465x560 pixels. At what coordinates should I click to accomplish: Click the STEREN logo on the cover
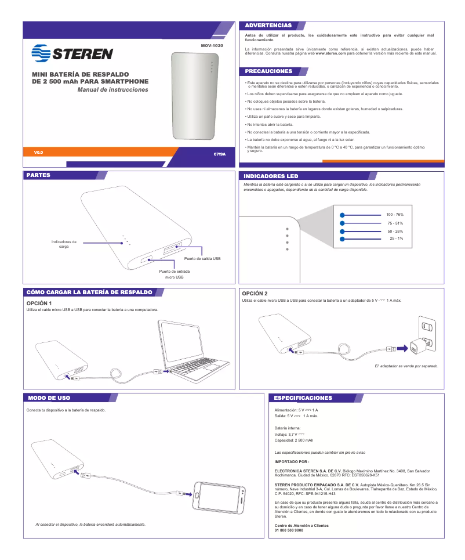(72, 55)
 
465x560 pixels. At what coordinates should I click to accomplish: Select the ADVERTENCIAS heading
(268, 26)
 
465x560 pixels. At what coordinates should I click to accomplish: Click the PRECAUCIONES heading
(268, 71)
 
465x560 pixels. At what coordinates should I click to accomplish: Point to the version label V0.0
(39, 153)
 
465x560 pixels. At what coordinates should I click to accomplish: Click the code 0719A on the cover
(219, 155)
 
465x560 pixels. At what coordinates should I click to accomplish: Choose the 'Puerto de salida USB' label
(202, 258)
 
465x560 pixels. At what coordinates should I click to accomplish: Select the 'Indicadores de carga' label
(64, 244)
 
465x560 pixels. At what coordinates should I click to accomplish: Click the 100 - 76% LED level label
(395, 215)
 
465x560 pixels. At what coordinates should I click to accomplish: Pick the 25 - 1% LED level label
(396, 239)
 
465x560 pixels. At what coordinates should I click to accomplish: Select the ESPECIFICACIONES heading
(303, 398)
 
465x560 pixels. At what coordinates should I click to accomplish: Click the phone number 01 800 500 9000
(288, 530)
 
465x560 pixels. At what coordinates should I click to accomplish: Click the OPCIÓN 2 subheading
(255, 294)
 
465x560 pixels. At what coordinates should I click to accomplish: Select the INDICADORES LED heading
(271, 176)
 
